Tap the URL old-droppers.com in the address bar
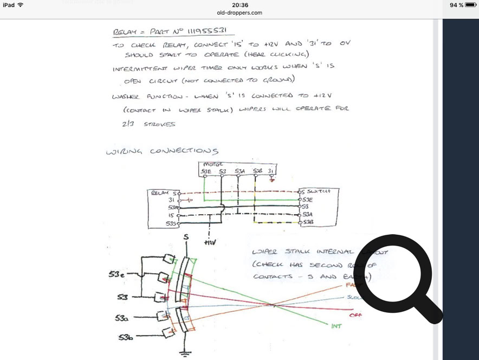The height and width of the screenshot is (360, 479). pos(239,12)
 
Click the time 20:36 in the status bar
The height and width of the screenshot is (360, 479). pos(239,5)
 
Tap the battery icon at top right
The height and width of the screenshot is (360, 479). pos(470,5)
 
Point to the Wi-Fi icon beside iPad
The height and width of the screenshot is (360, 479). pos(21,5)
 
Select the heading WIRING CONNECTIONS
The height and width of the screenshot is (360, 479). pos(162,151)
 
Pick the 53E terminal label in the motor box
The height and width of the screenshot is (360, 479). pos(206,171)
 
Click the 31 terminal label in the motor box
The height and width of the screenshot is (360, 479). pos(270,171)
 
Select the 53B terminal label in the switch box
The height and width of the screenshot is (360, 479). pos(308,222)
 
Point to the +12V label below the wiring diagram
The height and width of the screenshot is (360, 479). pos(209,243)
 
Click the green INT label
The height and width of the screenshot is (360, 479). pos(336,326)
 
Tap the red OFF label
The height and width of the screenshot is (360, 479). pos(356,315)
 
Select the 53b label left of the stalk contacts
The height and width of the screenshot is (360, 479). pos(126,338)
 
